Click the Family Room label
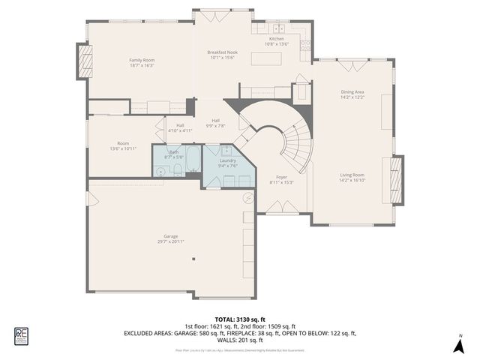click(141, 62)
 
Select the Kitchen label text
click(277, 41)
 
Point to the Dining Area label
click(352, 94)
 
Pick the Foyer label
click(271, 179)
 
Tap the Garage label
click(172, 238)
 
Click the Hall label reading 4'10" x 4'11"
click(180, 127)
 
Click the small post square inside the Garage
click(193, 259)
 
